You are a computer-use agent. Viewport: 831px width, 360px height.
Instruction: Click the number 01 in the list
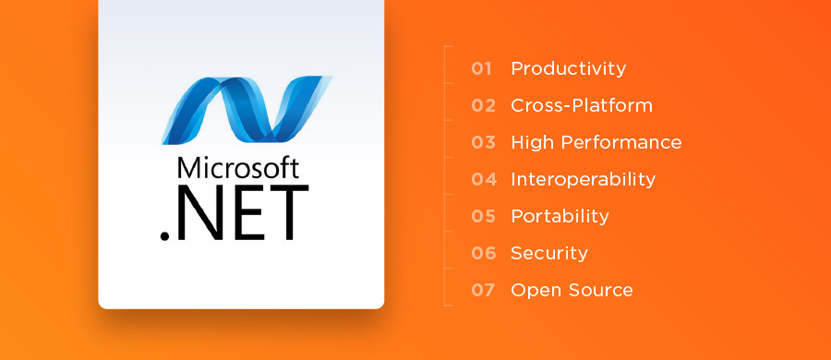[x=483, y=68]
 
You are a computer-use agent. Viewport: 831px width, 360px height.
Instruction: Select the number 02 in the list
[x=483, y=105]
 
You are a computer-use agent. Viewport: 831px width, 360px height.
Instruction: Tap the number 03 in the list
[x=483, y=142]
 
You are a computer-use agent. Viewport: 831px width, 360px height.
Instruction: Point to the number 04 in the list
[x=483, y=179]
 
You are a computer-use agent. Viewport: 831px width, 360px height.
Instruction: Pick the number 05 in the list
[x=483, y=216]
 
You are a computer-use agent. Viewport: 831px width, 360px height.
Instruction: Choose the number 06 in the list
[x=483, y=253]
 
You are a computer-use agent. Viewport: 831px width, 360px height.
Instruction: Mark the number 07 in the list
[x=483, y=290]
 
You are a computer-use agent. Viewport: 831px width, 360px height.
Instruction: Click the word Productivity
[x=568, y=69]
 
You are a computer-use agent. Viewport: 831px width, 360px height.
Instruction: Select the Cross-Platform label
[x=582, y=105]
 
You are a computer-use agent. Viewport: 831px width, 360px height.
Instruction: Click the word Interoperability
[x=583, y=179]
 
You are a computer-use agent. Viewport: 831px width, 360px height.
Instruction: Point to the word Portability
[x=560, y=216]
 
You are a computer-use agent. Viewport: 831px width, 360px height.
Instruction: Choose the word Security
[x=548, y=253]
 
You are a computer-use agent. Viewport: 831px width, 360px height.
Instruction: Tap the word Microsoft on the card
[x=238, y=168]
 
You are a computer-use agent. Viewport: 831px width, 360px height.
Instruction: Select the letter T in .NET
[x=286, y=213]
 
